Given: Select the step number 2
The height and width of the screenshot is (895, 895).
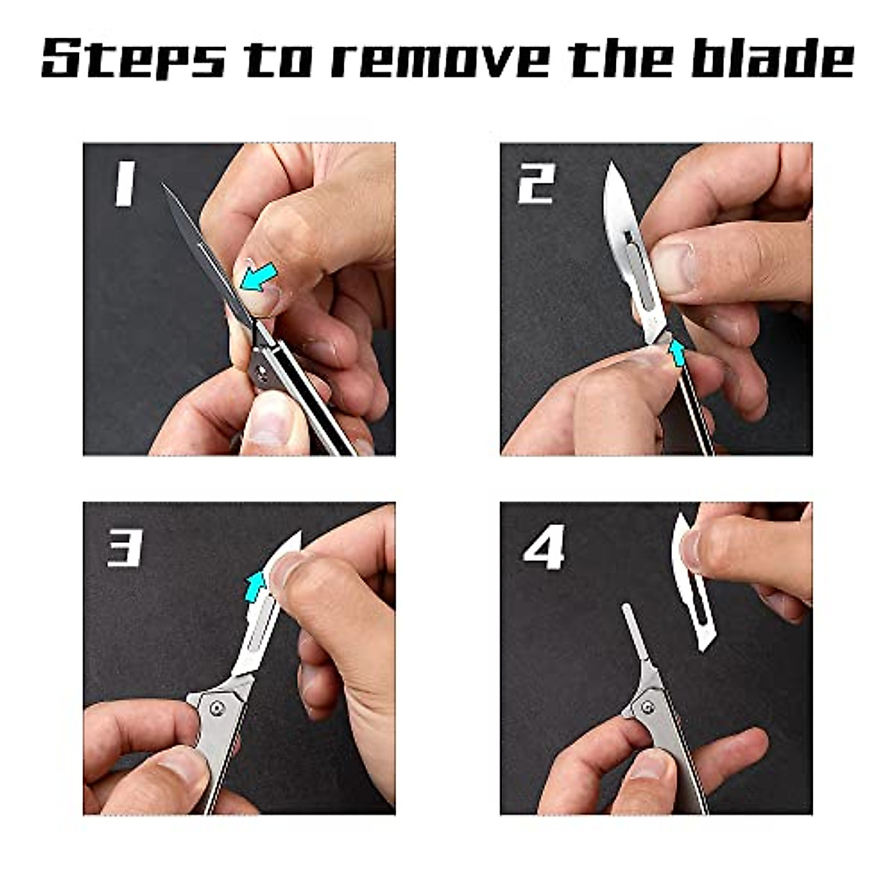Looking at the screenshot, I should (x=536, y=184).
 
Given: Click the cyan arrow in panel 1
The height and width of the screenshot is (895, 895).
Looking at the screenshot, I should (x=260, y=277).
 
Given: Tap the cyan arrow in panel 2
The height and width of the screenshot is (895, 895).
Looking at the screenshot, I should (x=677, y=352).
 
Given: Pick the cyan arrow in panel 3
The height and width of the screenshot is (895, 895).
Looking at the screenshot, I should (x=256, y=585).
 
